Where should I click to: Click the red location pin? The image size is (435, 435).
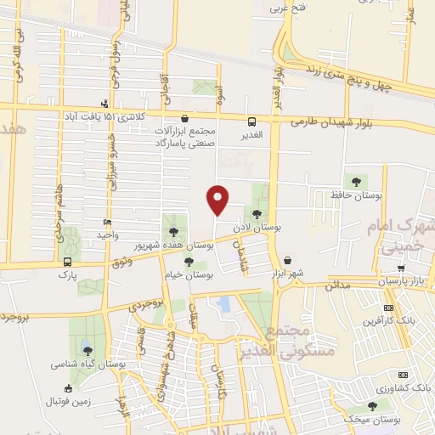(218, 199)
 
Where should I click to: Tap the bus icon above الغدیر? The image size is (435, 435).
(251, 121)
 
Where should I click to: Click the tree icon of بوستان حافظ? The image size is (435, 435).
(354, 181)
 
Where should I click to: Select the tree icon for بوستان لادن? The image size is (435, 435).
(257, 214)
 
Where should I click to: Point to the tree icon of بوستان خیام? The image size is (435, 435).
(189, 260)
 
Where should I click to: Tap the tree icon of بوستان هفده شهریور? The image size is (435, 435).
(174, 230)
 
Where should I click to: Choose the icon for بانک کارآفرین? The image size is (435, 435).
(388, 307)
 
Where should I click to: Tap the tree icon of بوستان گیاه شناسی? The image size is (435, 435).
(87, 350)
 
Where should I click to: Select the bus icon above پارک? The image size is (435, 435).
(66, 262)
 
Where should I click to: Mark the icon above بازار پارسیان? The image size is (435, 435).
(401, 268)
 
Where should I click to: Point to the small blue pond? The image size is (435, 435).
(223, 303)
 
